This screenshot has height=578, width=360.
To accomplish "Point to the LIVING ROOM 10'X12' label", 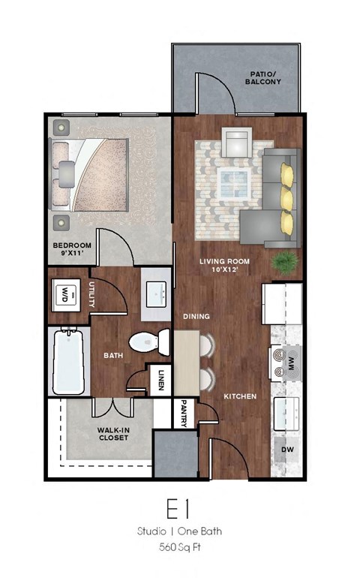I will coord(223,266).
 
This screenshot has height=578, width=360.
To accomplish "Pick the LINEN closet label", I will coord(161,381).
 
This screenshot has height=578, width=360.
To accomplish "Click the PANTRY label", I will coord(184,414).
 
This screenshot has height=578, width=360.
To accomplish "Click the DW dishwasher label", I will coord(287,450).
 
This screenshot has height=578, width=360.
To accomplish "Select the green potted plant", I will coord(284,262).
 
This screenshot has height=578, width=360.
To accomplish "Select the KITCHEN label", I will coord(239,396).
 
